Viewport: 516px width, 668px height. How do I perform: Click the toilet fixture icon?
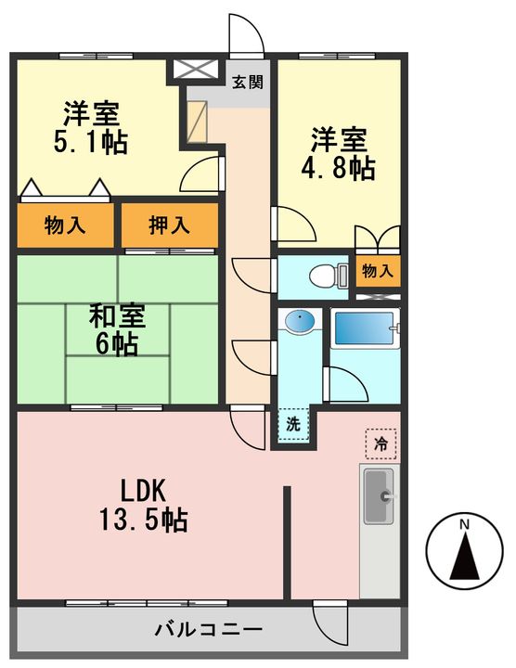click(329, 276)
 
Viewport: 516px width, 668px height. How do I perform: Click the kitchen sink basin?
click(379, 496)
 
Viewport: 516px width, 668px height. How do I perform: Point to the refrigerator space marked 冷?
click(381, 443)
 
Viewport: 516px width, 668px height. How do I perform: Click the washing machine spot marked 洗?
click(293, 424)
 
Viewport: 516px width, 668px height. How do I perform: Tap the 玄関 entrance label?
click(248, 82)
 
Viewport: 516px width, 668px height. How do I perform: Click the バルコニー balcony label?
click(209, 629)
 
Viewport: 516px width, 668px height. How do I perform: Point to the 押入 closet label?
click(169, 225)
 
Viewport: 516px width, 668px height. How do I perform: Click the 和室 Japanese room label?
click(118, 315)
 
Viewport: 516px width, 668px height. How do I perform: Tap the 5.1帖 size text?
click(90, 142)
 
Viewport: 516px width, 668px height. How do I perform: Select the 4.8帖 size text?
click(339, 168)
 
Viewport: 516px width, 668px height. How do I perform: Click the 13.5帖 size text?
click(144, 520)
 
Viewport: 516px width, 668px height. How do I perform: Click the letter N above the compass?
click(464, 525)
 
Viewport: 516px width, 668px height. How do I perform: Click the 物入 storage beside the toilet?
click(378, 271)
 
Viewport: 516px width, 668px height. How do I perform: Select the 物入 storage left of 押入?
click(65, 225)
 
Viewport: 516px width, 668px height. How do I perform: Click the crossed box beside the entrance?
click(195, 69)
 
